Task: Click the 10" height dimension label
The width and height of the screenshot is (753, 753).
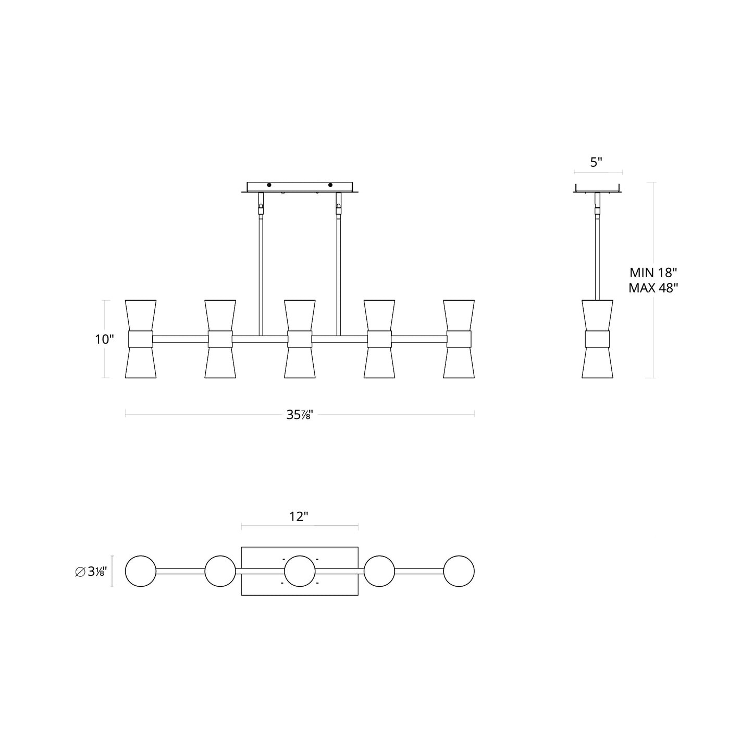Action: pos(104,339)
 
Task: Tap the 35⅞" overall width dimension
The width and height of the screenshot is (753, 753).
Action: pos(300,415)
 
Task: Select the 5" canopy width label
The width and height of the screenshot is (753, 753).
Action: pos(596,162)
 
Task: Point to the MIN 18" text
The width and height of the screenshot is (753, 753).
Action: pos(653,272)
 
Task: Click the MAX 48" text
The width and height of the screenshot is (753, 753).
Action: pos(653,288)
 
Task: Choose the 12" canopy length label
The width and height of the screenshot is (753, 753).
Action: pos(299,516)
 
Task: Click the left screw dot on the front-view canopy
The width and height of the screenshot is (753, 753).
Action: pos(269,185)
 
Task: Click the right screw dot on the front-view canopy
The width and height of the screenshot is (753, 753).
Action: pos(330,185)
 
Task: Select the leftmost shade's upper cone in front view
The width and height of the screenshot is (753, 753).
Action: pos(141,315)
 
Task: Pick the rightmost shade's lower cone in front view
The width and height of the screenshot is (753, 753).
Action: pos(459,363)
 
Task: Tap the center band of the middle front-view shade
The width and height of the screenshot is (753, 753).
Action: pos(300,339)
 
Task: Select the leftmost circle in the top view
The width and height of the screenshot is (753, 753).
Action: pos(141,571)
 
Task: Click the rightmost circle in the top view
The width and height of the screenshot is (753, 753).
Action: pos(459,571)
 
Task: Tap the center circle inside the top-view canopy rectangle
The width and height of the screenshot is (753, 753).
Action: pos(300,571)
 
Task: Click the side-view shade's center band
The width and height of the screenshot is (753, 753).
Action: pos(597,339)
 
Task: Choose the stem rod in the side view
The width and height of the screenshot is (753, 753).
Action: pos(597,255)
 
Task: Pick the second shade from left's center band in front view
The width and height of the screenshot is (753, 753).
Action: pos(220,339)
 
